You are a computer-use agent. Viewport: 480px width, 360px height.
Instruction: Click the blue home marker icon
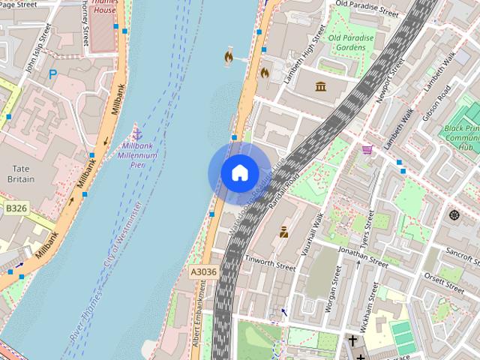coord(239,172)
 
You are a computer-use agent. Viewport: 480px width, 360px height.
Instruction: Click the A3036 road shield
coord(203,272)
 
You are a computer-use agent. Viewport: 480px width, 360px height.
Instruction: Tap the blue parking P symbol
coord(52,74)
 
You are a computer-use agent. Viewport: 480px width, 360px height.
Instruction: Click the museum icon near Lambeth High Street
coord(321,86)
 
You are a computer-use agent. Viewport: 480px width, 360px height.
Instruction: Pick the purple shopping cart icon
coord(367,150)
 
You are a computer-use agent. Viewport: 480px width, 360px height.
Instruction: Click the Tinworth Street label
coord(271,262)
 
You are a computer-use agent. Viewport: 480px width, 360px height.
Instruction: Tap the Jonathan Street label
coord(362,255)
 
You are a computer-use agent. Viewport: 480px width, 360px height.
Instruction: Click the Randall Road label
coord(286,178)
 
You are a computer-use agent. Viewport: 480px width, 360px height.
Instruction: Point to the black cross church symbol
coord(352,341)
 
